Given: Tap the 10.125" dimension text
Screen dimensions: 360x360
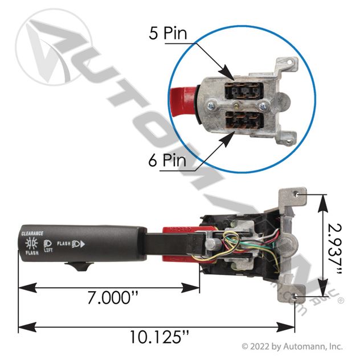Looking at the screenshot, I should [x=156, y=336].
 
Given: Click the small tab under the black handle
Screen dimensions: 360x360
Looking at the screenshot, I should [x=79, y=265].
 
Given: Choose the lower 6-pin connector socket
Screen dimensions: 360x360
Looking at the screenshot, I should [x=241, y=122].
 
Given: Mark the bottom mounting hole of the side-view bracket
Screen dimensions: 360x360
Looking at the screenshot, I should [x=295, y=297].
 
